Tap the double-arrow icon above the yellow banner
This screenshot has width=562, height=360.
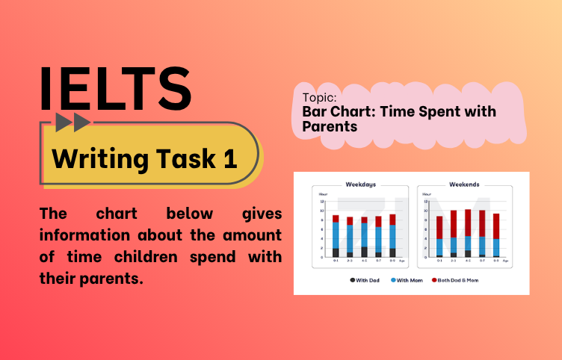pyautogui.click(x=73, y=122)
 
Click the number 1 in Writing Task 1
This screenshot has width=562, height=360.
pyautogui.click(x=229, y=158)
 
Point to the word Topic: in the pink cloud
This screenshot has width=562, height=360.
pyautogui.click(x=319, y=98)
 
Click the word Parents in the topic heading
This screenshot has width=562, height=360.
pyautogui.click(x=330, y=127)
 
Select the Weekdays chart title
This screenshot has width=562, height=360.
pyautogui.click(x=360, y=184)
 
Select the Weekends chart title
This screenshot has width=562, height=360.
pyautogui.click(x=464, y=184)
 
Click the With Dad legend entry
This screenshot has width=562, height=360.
pyautogui.click(x=365, y=280)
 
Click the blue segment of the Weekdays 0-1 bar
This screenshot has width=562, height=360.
pyautogui.click(x=336, y=235)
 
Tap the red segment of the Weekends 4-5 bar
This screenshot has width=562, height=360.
pyautogui.click(x=468, y=222)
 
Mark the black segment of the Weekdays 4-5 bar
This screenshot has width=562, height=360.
pyautogui.click(x=364, y=252)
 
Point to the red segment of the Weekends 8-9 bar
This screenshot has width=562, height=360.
pyautogui.click(x=495, y=226)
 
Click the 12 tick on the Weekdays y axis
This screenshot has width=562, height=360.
pyautogui.click(x=321, y=202)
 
